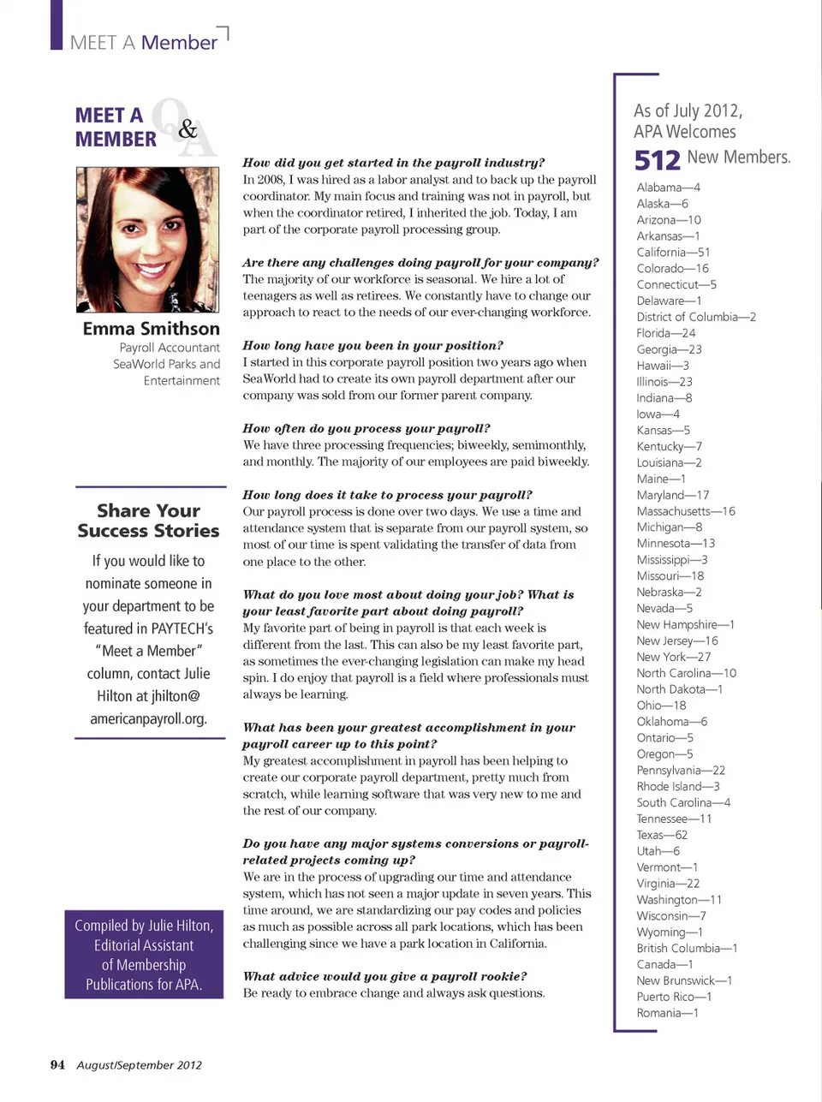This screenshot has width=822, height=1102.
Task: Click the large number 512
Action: pyautogui.click(x=657, y=160)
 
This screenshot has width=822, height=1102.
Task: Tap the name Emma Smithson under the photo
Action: pyautogui.click(x=151, y=329)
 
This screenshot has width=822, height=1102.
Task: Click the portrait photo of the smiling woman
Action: pyautogui.click(x=147, y=240)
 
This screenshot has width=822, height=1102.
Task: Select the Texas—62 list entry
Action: pyautogui.click(x=662, y=835)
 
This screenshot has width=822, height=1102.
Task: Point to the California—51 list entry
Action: pyautogui.click(x=673, y=253)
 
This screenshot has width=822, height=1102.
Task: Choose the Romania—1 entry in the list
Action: pyautogui.click(x=667, y=1013)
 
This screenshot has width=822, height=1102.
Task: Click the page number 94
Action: pyautogui.click(x=57, y=1065)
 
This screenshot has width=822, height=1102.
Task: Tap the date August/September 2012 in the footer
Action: pyautogui.click(x=139, y=1065)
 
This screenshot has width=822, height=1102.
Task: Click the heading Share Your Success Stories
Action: pyautogui.click(x=148, y=521)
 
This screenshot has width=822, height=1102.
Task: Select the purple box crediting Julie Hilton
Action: pyautogui.click(x=144, y=955)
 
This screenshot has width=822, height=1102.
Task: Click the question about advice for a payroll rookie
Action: pyautogui.click(x=384, y=976)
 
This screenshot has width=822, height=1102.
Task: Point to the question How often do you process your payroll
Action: pyautogui.click(x=366, y=428)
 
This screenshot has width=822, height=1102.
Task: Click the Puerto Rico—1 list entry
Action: pyautogui.click(x=674, y=997)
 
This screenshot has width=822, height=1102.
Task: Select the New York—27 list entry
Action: pyautogui.click(x=673, y=657)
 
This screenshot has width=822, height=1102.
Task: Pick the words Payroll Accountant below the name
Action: pyautogui.click(x=170, y=348)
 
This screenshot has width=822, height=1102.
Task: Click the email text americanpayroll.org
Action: pyautogui.click(x=148, y=719)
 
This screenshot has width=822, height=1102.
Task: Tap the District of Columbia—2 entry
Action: pyautogui.click(x=696, y=317)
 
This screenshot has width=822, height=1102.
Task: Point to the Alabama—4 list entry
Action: pyautogui.click(x=668, y=188)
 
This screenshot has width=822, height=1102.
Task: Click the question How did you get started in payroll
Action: pyautogui.click(x=393, y=163)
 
